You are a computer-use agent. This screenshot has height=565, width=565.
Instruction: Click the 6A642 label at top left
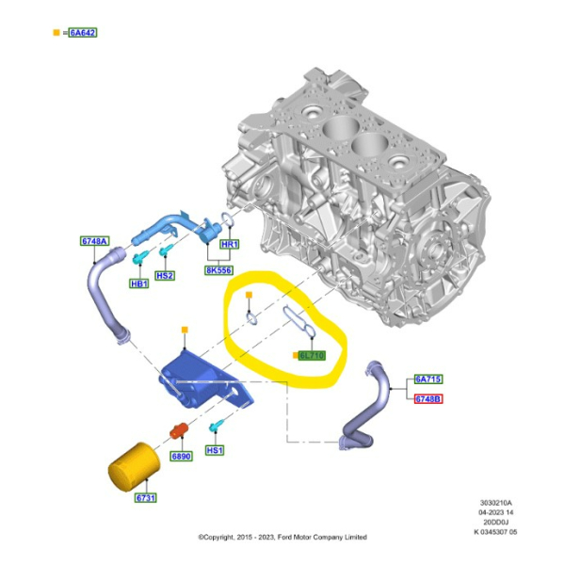[x=82, y=33]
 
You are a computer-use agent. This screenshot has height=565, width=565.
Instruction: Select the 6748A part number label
[x=94, y=241]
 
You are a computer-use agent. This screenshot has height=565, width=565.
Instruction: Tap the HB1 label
[x=139, y=282]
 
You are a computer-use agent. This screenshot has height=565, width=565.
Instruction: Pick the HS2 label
[x=165, y=276]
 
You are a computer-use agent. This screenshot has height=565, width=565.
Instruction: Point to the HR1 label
[x=229, y=244]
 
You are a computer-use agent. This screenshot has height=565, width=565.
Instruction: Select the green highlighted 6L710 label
[x=311, y=355]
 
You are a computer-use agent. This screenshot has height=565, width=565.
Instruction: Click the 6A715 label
[x=428, y=379]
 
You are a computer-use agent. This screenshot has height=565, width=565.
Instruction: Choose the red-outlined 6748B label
[x=428, y=398]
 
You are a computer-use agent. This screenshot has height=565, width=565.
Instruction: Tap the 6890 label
[x=182, y=457]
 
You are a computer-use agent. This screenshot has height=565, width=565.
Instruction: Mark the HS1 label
[x=215, y=451]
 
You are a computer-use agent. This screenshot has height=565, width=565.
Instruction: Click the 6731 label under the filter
[x=145, y=497]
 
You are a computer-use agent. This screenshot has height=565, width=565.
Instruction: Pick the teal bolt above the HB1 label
[x=139, y=258]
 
